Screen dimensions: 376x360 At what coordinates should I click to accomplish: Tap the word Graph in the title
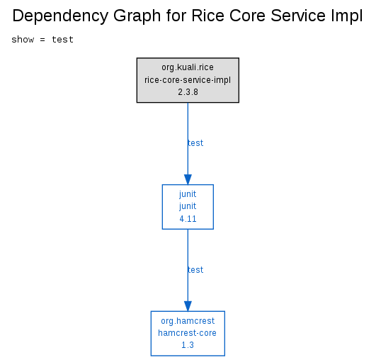pos(137,16)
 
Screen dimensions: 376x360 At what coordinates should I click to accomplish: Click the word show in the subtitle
pos(23,40)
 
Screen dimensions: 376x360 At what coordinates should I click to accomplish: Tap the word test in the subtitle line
pos(62,40)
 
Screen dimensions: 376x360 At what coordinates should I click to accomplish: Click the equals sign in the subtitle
pos(42,40)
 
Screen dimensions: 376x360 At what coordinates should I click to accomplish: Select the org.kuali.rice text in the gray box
pos(188,67)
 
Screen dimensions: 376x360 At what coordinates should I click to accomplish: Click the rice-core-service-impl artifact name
pos(188,80)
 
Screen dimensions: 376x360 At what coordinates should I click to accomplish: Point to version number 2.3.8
pos(188,92)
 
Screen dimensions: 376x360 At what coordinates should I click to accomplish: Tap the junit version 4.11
pos(188,219)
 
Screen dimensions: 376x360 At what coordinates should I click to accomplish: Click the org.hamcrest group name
pos(188,321)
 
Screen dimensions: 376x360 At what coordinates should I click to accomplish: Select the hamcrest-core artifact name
pos(187,333)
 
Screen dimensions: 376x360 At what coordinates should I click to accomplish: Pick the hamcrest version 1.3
pos(188,345)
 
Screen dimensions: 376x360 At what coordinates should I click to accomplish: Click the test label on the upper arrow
pos(195,143)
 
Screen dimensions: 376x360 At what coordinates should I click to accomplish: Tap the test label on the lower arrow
pos(195,270)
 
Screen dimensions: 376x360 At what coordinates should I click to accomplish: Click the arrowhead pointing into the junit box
pos(188,179)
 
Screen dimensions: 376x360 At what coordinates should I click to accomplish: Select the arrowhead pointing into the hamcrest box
pos(188,306)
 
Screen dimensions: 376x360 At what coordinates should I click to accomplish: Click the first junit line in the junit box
pos(188,194)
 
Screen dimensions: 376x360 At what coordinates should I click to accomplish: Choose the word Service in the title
pos(298,16)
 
